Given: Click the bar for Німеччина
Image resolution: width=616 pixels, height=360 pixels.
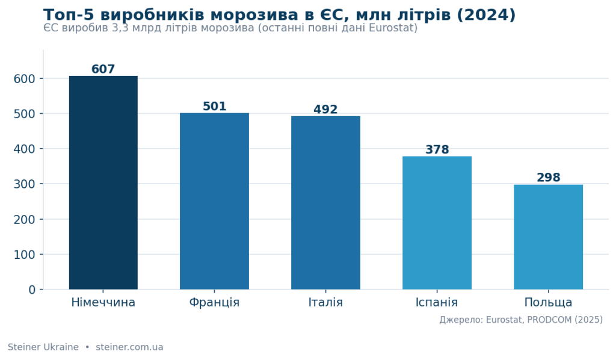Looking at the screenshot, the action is (103, 183).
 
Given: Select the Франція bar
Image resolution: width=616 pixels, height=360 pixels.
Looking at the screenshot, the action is (215, 201).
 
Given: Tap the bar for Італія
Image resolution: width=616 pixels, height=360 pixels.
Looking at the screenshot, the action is (325, 203).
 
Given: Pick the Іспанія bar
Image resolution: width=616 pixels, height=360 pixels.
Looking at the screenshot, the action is (437, 223).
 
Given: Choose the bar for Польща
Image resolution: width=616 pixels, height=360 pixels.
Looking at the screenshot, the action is (549, 237).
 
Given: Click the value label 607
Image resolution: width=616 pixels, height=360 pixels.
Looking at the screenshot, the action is (103, 69).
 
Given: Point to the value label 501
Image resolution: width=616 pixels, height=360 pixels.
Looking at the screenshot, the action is (215, 107).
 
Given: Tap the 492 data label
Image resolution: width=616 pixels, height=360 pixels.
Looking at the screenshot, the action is (325, 109).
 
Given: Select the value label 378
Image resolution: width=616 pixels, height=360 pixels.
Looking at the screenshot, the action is (437, 150).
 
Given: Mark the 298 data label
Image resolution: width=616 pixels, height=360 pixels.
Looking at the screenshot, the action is (549, 178).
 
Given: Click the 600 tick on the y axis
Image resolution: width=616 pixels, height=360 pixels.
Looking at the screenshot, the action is (24, 79).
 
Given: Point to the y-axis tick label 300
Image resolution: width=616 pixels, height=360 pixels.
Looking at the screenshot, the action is (24, 184).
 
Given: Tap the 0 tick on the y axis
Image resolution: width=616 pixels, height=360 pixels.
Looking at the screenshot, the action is (32, 290).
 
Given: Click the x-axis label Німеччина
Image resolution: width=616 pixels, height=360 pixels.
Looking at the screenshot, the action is (103, 303).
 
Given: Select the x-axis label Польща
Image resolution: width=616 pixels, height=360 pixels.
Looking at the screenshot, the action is (549, 303).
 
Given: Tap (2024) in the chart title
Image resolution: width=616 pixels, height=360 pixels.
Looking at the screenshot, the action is (486, 15).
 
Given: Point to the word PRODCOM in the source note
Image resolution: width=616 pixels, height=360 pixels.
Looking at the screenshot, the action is (549, 320).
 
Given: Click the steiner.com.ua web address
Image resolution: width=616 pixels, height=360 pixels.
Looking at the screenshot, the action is (130, 347).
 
